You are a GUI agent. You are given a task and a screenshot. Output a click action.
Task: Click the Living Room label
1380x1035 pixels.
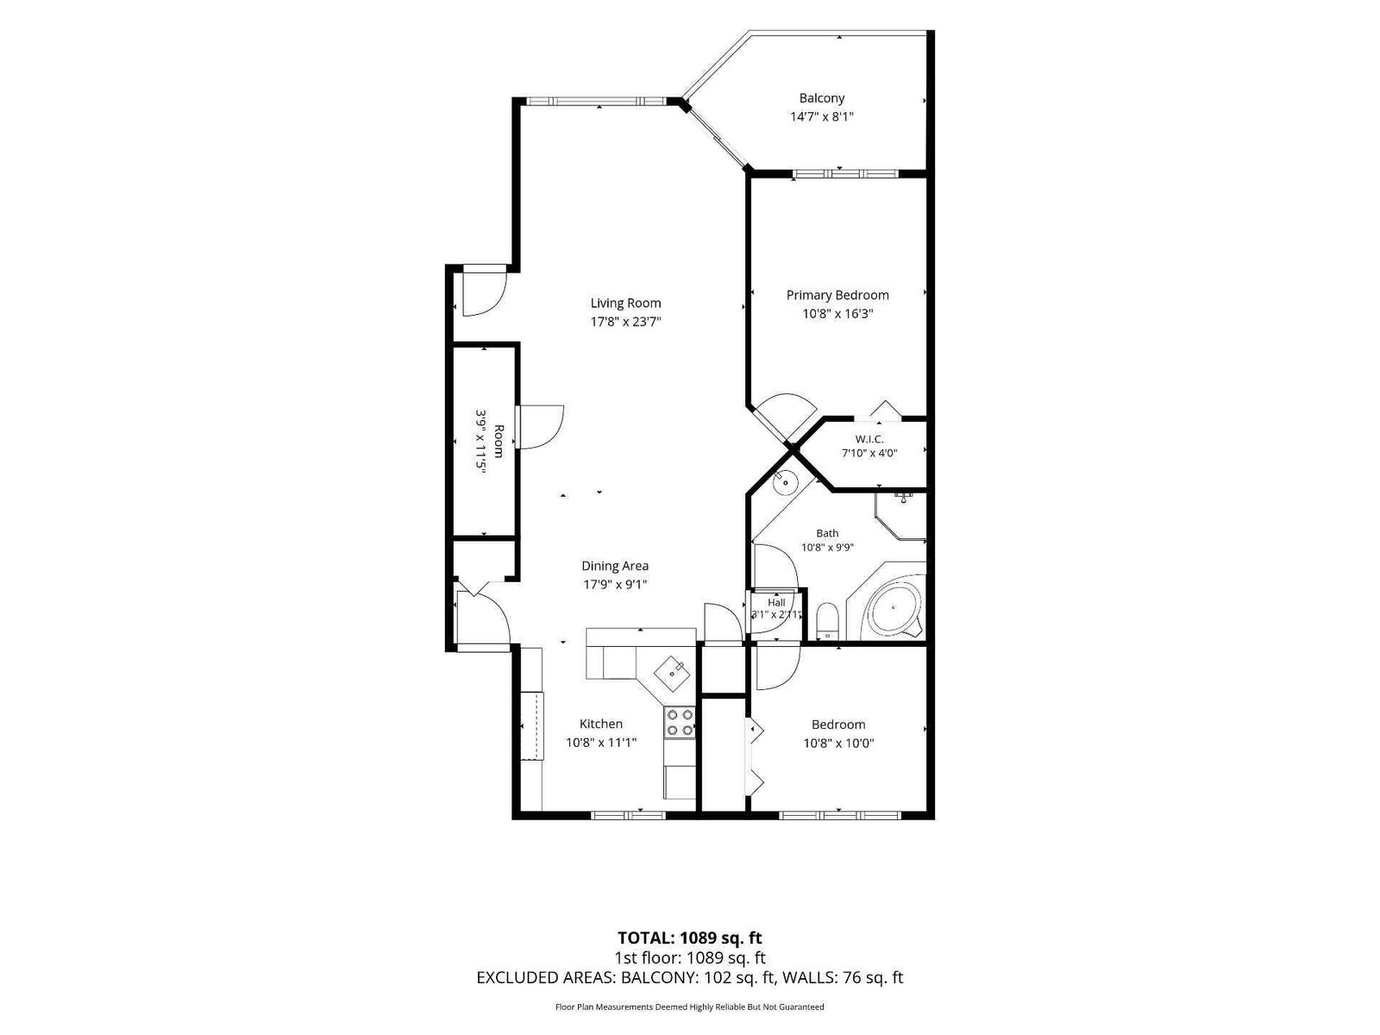pos(625,303)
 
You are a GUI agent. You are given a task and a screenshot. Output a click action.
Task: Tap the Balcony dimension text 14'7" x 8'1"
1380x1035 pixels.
pos(821,117)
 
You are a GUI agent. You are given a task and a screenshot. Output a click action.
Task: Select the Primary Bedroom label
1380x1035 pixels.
pos(837,295)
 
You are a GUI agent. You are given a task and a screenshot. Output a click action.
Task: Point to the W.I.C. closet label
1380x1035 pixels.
pos(869,439)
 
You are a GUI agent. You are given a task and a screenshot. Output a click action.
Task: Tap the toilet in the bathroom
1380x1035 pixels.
pos(827,619)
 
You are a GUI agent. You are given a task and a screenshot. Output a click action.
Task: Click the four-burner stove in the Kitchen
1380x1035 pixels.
pos(680,722)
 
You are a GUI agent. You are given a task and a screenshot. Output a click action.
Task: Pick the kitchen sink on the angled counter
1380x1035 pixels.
pos(672,674)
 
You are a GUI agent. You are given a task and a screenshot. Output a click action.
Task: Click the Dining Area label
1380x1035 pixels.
pos(614,566)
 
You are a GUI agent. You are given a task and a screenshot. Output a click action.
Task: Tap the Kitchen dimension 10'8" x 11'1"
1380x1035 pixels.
pos(601,743)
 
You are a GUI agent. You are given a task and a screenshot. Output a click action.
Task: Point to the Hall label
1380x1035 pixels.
pos(775,603)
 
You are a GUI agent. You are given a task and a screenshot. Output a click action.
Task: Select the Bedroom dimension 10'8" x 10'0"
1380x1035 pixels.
pos(838,743)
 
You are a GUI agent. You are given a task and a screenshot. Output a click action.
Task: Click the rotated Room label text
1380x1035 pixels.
pos(499,441)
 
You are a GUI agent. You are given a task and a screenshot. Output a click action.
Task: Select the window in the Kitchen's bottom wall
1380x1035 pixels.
pos(628,816)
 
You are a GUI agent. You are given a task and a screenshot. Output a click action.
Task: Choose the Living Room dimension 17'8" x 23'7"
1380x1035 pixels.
pos(625,323)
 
